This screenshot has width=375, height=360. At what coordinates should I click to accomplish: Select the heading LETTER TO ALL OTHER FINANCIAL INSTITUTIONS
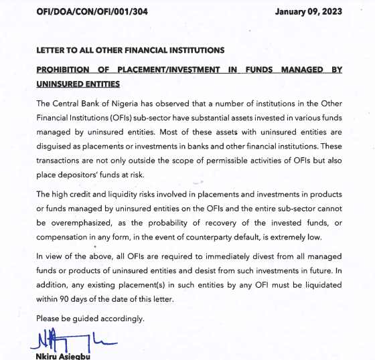131,50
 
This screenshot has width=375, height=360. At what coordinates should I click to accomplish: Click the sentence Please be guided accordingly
90,318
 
